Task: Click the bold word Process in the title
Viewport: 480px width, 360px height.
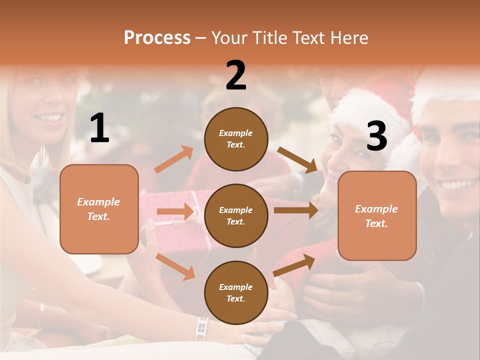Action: [157, 38]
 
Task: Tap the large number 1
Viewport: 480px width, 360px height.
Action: [99, 128]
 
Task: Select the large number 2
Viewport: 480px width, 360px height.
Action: [236, 76]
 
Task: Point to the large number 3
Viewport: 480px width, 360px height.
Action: [376, 136]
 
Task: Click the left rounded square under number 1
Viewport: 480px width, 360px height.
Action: [99, 209]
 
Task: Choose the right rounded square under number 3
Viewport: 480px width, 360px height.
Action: [377, 215]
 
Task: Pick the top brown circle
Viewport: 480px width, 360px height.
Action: [236, 139]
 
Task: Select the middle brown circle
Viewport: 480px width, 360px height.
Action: [236, 215]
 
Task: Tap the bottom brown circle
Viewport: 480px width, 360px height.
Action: [236, 292]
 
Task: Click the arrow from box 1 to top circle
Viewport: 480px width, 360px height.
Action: [174, 159]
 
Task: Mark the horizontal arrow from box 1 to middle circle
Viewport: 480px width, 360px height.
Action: [175, 211]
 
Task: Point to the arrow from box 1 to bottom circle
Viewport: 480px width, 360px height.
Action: [175, 266]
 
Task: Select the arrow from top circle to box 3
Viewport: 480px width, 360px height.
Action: [297, 159]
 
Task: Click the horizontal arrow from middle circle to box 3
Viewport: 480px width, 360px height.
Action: [296, 210]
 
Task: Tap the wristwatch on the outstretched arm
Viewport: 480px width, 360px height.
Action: [202, 327]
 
